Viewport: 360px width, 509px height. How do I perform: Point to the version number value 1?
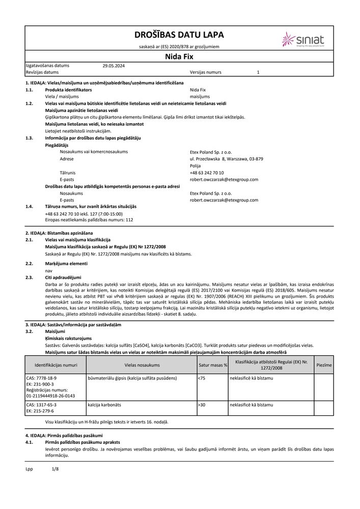coord(258,73)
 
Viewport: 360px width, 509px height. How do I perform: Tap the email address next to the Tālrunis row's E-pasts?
coord(224,180)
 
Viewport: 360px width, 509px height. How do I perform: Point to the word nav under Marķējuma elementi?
coord(48,270)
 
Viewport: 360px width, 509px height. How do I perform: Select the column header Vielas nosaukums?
coord(142,365)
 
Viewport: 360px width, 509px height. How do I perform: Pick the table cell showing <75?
coord(202,379)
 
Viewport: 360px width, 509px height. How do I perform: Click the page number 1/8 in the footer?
coord(56,468)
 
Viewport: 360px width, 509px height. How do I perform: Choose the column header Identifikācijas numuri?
coord(56,365)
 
